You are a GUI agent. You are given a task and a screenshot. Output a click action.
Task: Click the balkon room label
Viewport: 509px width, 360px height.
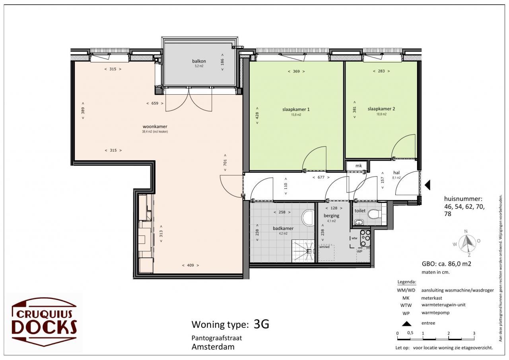tap(199, 61)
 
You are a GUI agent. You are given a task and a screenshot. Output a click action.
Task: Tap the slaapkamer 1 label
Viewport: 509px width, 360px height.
tap(296, 109)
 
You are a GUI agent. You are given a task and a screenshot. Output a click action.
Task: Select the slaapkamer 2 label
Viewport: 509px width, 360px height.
tap(381, 109)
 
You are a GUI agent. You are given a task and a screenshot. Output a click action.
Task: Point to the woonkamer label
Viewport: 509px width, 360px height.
tap(155, 126)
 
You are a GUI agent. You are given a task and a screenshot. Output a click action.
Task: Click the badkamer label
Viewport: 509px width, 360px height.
tap(283, 228)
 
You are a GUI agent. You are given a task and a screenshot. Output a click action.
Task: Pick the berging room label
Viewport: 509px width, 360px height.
tap(332, 216)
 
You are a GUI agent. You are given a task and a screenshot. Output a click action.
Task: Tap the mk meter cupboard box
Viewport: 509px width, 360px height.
tap(357, 165)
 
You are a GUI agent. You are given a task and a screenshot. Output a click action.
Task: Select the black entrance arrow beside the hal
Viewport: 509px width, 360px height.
tap(427, 185)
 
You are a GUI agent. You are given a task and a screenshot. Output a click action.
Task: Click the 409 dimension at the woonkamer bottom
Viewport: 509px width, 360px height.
tap(190, 265)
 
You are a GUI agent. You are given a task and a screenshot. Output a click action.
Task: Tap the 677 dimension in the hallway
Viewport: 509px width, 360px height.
tap(321, 177)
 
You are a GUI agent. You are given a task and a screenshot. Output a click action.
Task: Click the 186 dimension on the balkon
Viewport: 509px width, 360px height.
tap(222, 62)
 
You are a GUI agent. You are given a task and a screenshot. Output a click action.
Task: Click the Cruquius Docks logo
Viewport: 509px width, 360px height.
tap(44, 322)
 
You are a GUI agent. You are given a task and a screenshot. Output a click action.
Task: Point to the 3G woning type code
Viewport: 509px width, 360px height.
tap(261, 324)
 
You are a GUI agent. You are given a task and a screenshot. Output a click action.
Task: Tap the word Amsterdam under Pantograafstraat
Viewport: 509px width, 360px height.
tap(213, 347)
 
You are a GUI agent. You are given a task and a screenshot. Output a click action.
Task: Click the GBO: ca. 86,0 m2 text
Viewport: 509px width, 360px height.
tap(447, 264)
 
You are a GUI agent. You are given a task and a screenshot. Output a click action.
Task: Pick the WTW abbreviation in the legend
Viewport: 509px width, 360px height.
tap(406, 306)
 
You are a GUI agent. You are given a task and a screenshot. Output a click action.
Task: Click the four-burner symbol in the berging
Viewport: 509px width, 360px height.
tap(365, 238)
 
